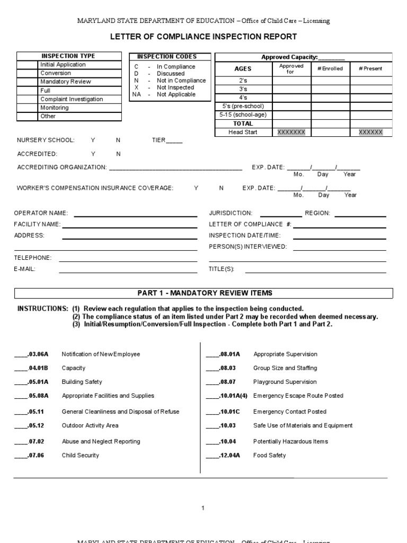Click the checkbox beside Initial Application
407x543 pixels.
[28, 65]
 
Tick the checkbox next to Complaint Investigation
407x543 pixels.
[28, 99]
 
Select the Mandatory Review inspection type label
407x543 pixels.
[66, 82]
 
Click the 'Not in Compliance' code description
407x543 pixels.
[181, 81]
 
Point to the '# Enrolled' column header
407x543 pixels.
[330, 68]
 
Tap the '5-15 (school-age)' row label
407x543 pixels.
[243, 115]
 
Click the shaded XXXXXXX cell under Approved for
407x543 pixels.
[291, 132]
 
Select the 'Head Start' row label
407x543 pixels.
[243, 132]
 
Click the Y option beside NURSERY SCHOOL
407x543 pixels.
[93, 140]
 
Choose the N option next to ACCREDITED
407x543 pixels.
[119, 154]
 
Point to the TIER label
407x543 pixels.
[159, 140]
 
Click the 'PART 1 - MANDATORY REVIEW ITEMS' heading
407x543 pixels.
[205, 293]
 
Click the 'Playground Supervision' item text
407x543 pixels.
[285, 382]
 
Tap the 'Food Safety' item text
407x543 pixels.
[269, 455]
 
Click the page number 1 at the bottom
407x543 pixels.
[202, 509]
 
